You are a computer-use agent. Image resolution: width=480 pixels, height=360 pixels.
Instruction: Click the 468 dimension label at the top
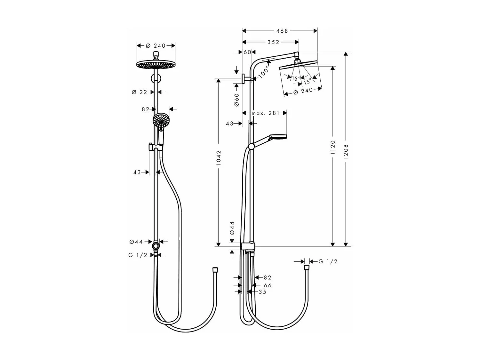point(282,31)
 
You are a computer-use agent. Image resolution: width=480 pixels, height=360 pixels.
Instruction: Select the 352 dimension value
point(273,42)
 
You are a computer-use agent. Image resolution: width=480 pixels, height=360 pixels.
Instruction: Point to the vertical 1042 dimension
point(219,158)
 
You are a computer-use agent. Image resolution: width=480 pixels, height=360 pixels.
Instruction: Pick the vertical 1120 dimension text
point(333,148)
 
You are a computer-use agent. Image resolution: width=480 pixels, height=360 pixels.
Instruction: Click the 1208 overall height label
point(346,150)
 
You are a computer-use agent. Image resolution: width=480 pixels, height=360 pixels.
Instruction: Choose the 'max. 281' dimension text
point(265,113)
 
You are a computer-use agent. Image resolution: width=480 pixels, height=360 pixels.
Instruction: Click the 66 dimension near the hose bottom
point(268,285)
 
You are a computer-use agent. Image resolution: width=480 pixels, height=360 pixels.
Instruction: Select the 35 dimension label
point(262,292)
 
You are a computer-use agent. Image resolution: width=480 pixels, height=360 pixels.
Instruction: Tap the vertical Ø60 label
point(236,100)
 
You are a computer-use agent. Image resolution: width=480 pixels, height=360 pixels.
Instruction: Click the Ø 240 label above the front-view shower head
point(156,46)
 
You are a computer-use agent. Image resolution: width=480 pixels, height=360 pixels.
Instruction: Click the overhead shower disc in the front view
point(156,65)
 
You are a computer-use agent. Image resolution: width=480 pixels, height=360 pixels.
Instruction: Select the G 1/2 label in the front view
point(138,255)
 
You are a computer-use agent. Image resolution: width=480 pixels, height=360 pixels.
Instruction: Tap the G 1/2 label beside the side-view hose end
point(328,261)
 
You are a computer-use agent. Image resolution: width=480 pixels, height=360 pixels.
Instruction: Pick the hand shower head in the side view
point(278,137)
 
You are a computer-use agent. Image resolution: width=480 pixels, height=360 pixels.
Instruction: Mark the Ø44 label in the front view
point(136,242)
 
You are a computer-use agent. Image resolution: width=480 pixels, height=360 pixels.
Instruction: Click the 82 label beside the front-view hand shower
point(146,109)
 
